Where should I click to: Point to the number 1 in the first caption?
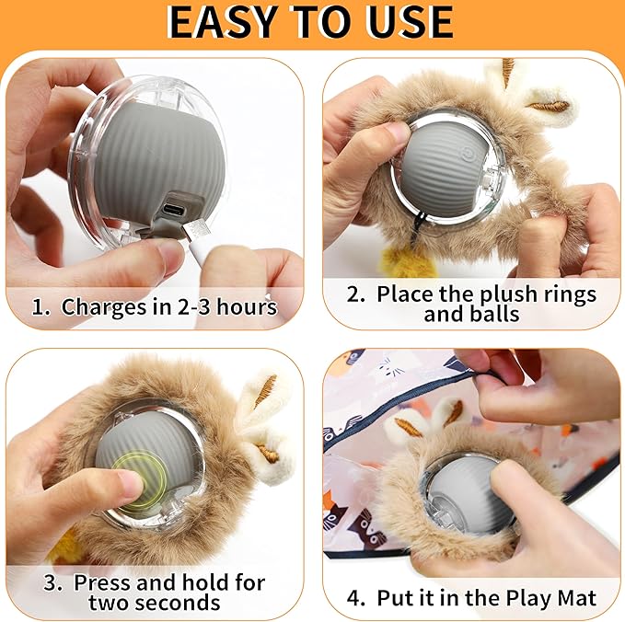[38, 306]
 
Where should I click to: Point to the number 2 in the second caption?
[356, 294]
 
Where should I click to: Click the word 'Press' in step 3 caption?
[104, 582]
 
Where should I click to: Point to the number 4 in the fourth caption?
[356, 598]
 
